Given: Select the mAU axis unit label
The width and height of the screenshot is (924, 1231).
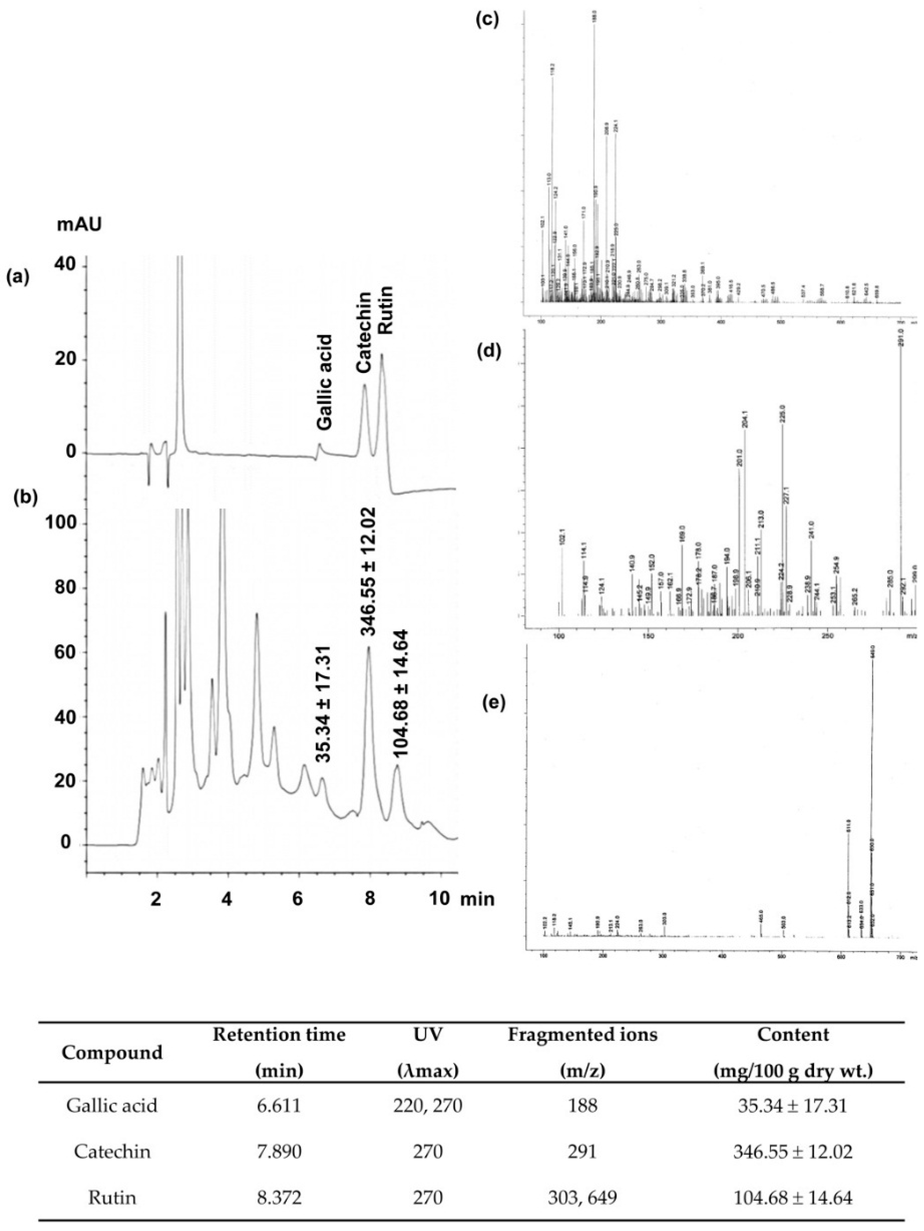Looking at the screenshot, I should click(x=80, y=225).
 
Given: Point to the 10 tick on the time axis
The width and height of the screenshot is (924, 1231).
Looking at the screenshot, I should click(x=440, y=899).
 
